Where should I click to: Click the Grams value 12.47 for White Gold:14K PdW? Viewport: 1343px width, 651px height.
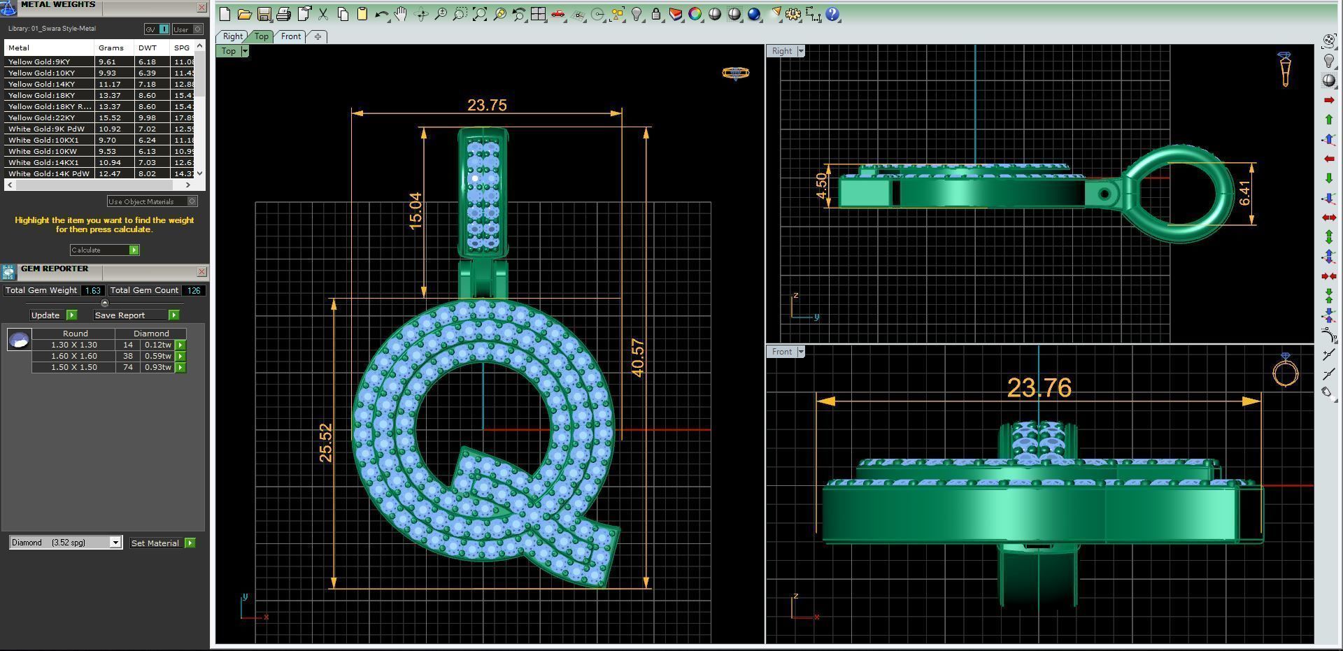pos(109,173)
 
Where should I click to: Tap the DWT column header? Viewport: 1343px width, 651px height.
pos(148,48)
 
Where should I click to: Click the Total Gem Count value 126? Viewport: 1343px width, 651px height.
pos(194,290)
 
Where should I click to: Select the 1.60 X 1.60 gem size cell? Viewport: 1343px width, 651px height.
pos(73,356)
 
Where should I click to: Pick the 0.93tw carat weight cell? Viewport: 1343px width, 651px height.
pos(157,367)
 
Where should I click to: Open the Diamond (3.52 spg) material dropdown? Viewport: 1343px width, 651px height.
pos(115,543)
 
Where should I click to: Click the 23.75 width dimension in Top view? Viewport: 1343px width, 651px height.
pos(487,105)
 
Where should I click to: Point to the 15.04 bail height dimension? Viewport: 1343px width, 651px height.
pos(415,210)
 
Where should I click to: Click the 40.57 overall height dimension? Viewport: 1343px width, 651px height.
pos(637,358)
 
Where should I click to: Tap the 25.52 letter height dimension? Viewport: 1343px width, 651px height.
pos(326,442)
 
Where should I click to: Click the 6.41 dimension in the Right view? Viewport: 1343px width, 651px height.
pos(1244,193)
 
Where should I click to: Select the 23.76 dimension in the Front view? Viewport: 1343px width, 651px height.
pos(1039,387)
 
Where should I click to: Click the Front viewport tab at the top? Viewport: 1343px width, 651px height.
pos(291,36)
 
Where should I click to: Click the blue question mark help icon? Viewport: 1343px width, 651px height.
pos(832,14)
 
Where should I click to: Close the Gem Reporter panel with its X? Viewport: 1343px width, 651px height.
pos(201,271)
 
